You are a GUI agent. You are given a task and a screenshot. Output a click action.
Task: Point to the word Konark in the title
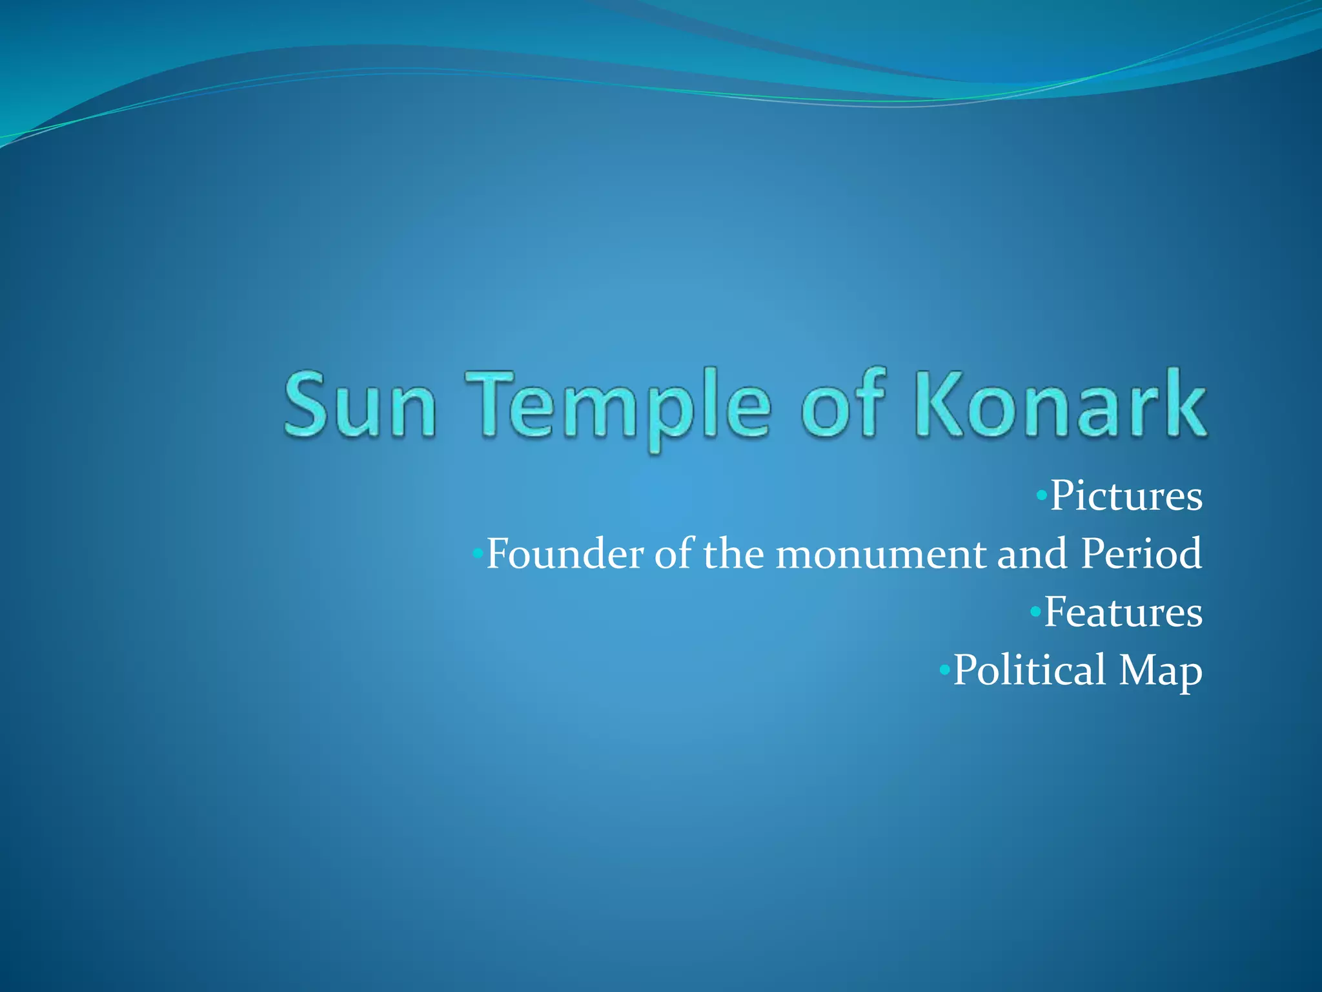pyautogui.click(x=1059, y=404)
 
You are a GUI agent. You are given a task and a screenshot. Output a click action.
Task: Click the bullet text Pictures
pyautogui.click(x=1126, y=496)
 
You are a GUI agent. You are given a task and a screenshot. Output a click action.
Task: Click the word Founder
pyautogui.click(x=565, y=554)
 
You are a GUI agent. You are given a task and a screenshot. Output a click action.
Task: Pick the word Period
pyautogui.click(x=1141, y=554)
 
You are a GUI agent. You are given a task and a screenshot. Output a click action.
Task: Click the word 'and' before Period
pyautogui.click(x=1032, y=554)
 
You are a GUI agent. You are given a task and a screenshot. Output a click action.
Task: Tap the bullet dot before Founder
pyautogui.click(x=478, y=553)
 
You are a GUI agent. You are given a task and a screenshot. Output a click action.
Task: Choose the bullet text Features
pyautogui.click(x=1123, y=612)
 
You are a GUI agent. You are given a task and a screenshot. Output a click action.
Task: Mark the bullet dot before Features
pyautogui.click(x=1035, y=611)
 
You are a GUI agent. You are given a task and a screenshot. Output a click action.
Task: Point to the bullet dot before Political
pyautogui.click(x=944, y=670)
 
